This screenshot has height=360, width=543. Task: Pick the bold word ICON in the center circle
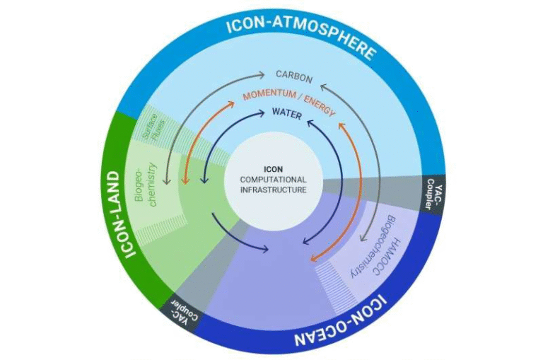[272, 170]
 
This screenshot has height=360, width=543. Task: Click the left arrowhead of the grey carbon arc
[167, 183]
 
